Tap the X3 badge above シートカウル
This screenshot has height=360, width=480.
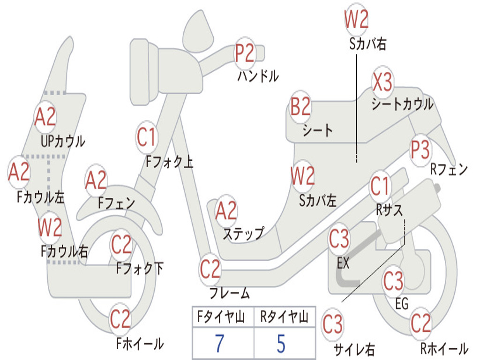point(382,82)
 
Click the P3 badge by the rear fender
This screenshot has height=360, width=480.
point(420,150)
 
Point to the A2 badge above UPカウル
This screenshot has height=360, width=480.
point(45,117)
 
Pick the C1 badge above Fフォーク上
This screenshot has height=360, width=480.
point(147,137)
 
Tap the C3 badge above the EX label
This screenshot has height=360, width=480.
point(339,239)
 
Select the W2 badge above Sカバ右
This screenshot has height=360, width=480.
point(356,19)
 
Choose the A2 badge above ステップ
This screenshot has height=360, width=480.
point(226,210)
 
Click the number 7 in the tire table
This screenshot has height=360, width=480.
point(219,343)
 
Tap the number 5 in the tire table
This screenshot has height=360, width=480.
point(281,343)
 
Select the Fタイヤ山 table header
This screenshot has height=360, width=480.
point(221,316)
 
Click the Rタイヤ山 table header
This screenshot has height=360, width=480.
point(285,316)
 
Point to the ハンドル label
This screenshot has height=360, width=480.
point(258,76)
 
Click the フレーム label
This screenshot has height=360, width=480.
point(230,293)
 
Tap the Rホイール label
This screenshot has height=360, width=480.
point(444,348)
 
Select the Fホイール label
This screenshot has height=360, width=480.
point(140,344)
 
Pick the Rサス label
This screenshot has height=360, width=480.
point(389,210)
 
